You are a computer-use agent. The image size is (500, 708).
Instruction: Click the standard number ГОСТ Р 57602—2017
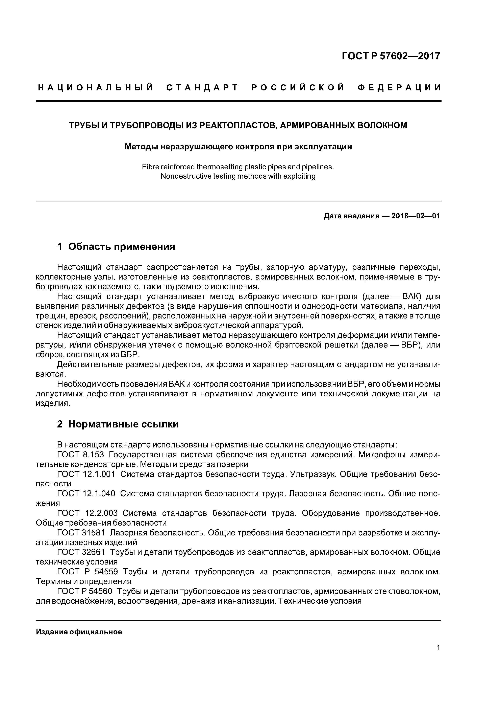coord(391,56)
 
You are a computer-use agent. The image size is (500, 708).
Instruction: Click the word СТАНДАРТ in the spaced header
coord(202,88)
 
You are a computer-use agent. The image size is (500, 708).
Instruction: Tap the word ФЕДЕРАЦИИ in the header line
coord(399,88)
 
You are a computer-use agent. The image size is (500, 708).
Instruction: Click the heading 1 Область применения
coord(116,246)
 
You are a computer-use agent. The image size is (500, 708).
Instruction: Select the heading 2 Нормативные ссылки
coord(118,424)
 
